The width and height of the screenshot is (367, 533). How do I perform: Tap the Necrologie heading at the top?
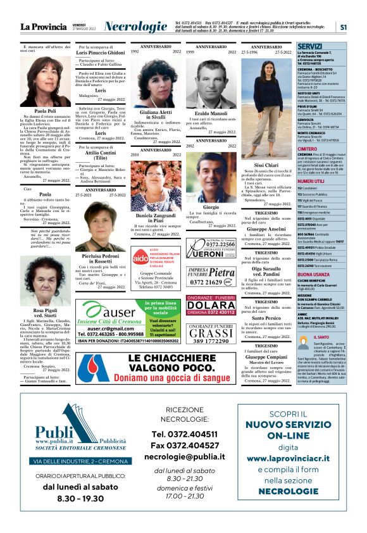(x=135, y=27)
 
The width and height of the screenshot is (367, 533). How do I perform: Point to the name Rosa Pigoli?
(x=45, y=311)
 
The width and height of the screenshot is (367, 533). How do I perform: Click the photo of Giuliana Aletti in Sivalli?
(x=155, y=83)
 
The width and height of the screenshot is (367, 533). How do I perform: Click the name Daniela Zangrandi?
(x=155, y=216)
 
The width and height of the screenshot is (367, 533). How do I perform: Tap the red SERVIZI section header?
(x=310, y=47)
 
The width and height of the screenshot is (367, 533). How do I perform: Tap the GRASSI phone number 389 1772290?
(x=210, y=341)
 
